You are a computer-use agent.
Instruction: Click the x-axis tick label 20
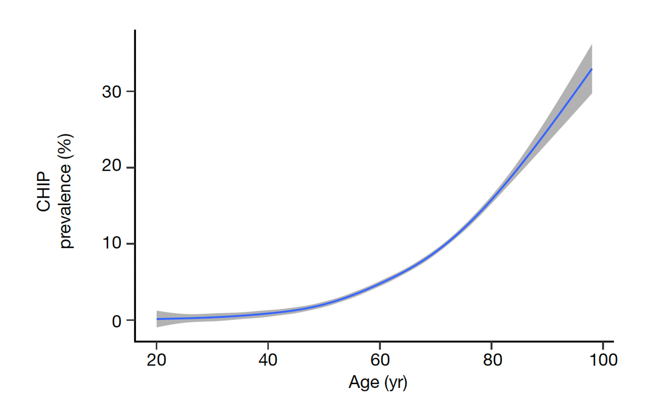tap(156, 360)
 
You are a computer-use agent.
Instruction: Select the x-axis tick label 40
tap(268, 360)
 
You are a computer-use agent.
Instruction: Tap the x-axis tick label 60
tap(380, 360)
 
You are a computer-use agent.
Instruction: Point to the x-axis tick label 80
tap(492, 360)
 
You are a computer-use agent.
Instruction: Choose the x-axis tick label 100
tap(603, 360)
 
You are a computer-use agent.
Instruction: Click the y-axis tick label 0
tap(117, 321)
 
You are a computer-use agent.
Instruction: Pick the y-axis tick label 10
tap(111, 243)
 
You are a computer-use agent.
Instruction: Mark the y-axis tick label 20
tap(111, 167)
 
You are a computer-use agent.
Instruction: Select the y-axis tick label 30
tap(111, 91)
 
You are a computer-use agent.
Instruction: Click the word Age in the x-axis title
tap(363, 382)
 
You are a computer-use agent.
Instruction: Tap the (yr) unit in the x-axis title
tap(395, 382)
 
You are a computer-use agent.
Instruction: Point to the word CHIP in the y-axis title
tap(44, 191)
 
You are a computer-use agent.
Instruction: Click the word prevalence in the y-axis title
tap(66, 205)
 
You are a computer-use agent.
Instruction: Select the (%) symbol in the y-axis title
tap(66, 146)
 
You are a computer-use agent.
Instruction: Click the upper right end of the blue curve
tap(591, 69)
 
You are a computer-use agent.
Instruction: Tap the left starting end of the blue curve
tap(157, 319)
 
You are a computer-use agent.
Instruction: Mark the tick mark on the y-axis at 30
tap(130, 91)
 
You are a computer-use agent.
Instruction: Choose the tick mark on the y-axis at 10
tap(130, 244)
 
